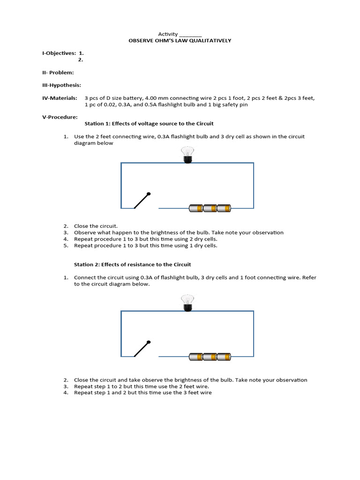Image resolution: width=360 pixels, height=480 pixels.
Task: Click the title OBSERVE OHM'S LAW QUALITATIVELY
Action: click(180, 41)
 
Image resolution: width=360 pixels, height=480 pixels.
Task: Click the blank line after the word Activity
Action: click(190, 34)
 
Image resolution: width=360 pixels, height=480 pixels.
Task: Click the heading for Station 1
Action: click(149, 124)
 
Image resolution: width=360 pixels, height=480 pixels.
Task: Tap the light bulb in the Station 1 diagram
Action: click(187, 155)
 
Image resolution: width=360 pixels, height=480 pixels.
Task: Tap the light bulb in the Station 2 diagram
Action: click(187, 303)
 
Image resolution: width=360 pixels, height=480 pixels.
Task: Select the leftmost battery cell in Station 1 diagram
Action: click(195, 208)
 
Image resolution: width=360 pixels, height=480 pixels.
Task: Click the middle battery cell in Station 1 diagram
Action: click(210, 208)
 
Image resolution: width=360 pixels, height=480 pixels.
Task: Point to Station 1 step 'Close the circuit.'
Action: click(96, 225)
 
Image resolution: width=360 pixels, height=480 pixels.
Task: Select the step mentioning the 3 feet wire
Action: click(142, 393)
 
